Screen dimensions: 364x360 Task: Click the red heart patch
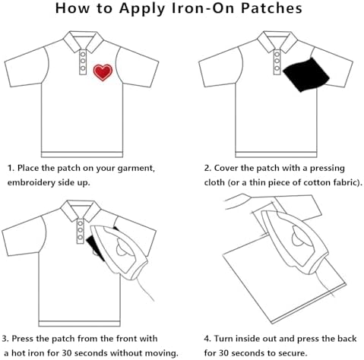(103, 72)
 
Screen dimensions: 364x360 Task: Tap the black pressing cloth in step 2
(305, 74)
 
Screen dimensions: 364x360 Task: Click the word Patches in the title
(271, 8)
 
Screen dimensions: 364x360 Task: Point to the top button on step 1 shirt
(83, 54)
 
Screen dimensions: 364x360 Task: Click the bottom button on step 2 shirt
(277, 68)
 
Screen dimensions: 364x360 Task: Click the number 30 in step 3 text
(67, 352)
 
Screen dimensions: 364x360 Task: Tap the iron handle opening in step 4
(299, 235)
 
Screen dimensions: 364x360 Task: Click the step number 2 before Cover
(207, 168)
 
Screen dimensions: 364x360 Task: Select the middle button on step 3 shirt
(81, 231)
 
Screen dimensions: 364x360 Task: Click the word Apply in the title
(142, 8)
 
